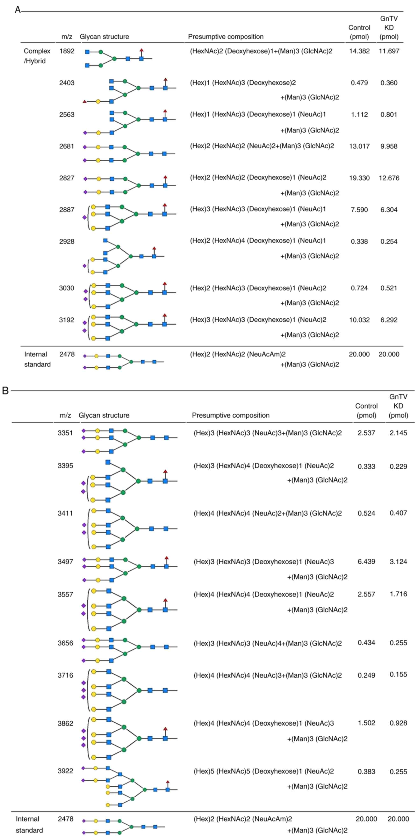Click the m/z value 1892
pos(67,51)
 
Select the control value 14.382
pos(359,51)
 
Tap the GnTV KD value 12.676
pos(389,178)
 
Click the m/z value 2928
pos(67,241)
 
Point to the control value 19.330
pos(359,178)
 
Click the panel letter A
pos(17,10)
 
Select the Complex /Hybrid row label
pos(37,56)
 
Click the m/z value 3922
pos(65,771)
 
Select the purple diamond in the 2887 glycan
pos(85,217)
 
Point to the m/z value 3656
pos(65,643)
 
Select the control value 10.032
pos(359,320)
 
